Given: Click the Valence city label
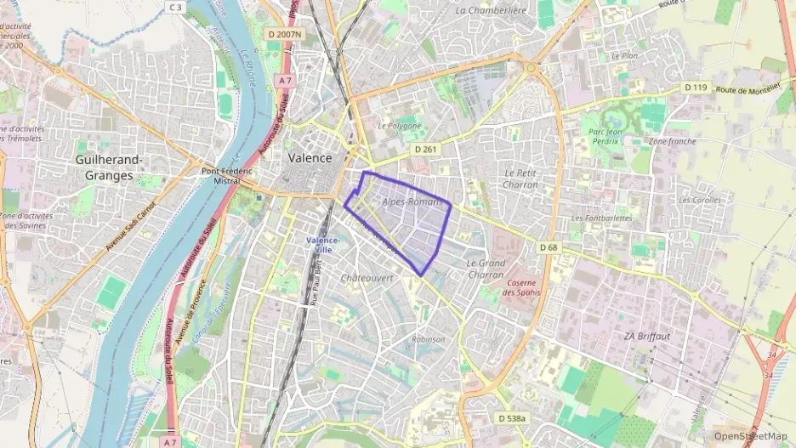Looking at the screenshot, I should tap(310, 158).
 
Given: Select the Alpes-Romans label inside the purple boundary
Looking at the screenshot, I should tap(412, 201).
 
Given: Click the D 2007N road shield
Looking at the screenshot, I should tap(283, 34).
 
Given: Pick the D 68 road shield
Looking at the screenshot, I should tap(550, 247).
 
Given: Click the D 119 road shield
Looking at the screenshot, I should tap(695, 87).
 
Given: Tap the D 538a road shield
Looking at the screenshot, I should tap(512, 418).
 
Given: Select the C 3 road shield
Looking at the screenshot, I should tap(175, 8).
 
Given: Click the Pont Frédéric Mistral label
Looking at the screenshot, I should tap(227, 176).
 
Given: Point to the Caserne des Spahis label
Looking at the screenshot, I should tap(521, 287).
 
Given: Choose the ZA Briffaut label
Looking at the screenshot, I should tap(647, 336).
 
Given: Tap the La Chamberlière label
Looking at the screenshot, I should tap(492, 10).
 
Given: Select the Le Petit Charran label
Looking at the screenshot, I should tap(520, 179).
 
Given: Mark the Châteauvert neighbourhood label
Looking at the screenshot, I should tap(367, 278).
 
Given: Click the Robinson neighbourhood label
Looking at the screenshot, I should tap(428, 339).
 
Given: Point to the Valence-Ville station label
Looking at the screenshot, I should tap(322, 245).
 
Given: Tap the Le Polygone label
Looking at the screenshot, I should tap(400, 125).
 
